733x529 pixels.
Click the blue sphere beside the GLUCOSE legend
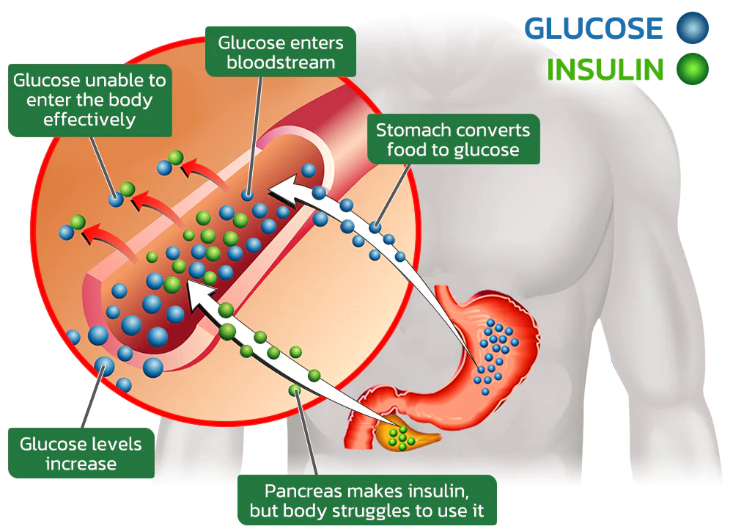click(692, 29)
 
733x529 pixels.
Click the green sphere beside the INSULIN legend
click(692, 70)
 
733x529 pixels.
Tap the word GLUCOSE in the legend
click(594, 29)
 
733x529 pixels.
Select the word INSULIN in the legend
click(605, 70)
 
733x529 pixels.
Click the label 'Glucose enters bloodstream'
click(281, 52)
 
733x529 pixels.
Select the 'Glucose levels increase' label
click(81, 453)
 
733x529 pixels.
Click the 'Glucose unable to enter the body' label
click(89, 99)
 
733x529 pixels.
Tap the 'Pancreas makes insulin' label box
click(367, 500)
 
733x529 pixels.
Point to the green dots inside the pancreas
click(400, 437)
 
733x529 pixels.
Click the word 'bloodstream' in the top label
click(281, 62)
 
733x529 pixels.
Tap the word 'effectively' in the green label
click(89, 118)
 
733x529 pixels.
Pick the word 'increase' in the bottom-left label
click(81, 464)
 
